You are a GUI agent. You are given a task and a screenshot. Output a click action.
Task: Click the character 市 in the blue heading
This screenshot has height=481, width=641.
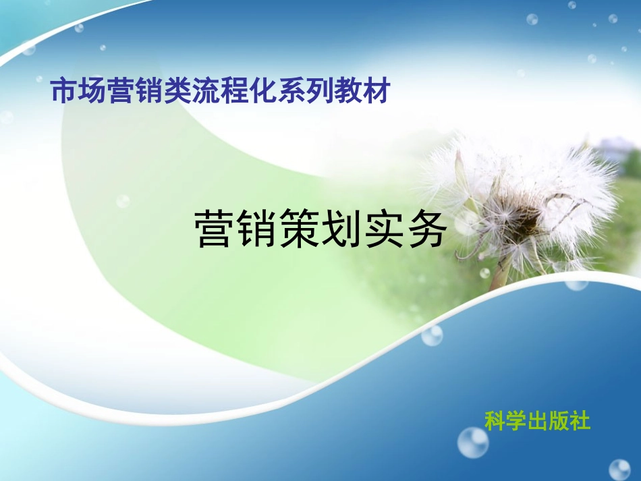(64, 92)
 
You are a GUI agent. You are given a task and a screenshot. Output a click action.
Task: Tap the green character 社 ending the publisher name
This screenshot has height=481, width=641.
(580, 421)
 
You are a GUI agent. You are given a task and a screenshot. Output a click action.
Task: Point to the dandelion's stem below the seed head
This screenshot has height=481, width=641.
(501, 273)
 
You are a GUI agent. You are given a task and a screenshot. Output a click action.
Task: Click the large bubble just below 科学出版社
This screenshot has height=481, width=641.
(473, 443)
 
